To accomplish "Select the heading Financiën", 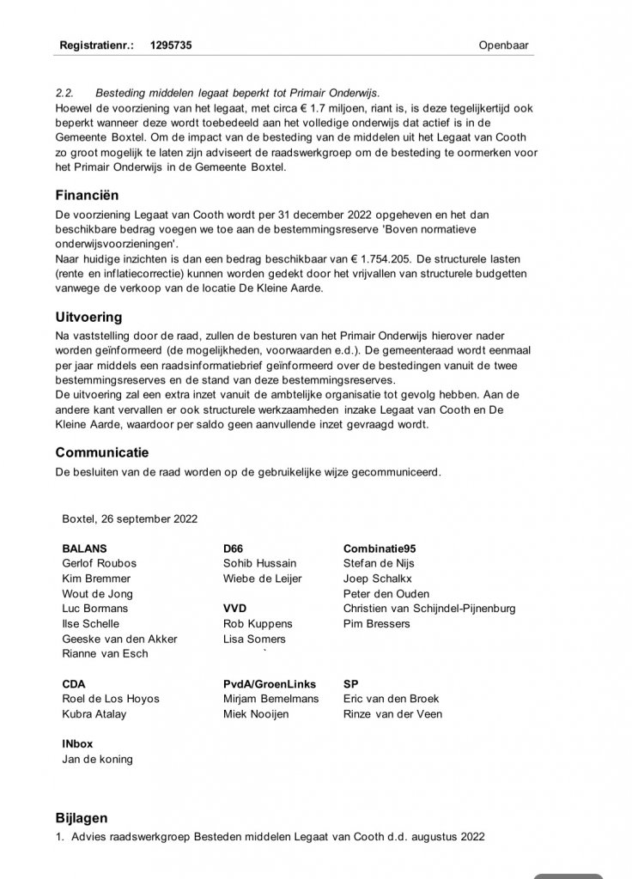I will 88,195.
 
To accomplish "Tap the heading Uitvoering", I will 89,317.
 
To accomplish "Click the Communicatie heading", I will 102,452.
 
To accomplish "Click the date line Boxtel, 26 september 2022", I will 130,518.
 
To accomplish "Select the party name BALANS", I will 84,548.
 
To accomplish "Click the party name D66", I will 234,548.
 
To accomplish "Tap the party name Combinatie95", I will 380,548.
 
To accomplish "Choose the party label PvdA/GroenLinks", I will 269,684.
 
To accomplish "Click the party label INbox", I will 78,743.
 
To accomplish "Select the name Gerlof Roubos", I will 99,563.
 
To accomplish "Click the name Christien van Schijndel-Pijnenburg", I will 428,609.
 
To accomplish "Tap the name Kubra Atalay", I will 93,713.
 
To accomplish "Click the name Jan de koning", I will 97,759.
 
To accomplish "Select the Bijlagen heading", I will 82,818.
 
